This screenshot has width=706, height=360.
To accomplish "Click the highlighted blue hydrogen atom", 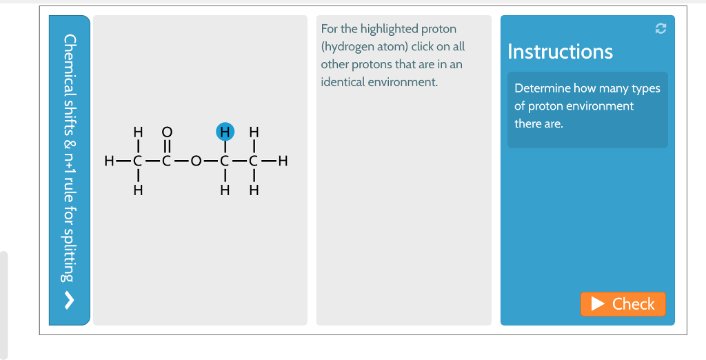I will click(x=225, y=132).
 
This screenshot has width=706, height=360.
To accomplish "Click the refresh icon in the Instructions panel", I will click(x=660, y=28).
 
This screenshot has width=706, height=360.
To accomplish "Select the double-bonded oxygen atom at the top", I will click(x=166, y=132).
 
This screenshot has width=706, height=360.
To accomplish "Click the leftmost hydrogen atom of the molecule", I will click(x=108, y=163).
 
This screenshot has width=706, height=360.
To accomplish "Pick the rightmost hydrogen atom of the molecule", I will click(x=282, y=163).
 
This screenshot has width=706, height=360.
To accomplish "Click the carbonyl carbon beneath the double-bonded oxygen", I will click(x=166, y=163).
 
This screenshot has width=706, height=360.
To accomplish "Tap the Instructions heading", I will click(x=560, y=52).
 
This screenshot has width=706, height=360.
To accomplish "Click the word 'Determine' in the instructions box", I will click(x=543, y=88).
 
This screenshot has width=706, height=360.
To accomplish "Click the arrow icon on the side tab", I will click(x=68, y=301).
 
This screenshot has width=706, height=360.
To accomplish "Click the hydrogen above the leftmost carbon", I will click(x=138, y=132).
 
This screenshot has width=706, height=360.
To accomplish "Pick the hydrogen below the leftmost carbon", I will click(x=138, y=191).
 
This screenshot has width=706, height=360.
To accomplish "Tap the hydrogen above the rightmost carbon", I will click(x=254, y=132).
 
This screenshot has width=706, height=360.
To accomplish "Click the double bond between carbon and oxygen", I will click(x=166, y=147).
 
